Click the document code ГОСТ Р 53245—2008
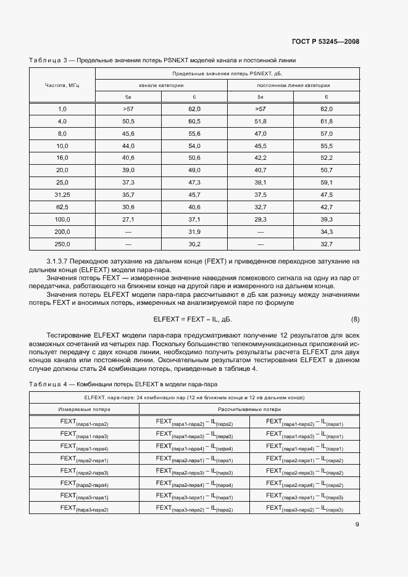(x=325, y=42)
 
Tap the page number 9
(x=357, y=525)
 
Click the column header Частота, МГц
(x=62, y=85)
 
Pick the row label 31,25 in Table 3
(x=62, y=194)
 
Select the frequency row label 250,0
(x=62, y=244)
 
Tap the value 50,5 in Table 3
(x=128, y=121)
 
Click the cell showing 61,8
(x=327, y=121)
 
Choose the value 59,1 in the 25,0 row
(x=327, y=182)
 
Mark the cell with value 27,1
(x=128, y=219)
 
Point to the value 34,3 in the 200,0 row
(x=327, y=231)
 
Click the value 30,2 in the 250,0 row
(x=194, y=244)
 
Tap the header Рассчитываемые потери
(x=249, y=409)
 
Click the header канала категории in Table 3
(x=161, y=85)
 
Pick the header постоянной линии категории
(x=293, y=85)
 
